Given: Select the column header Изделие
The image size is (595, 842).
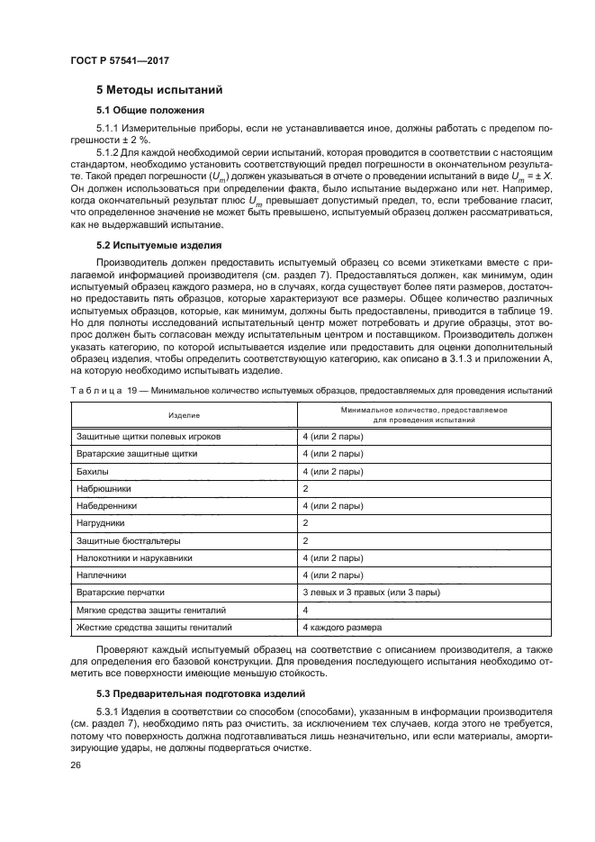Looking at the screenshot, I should [x=183, y=414].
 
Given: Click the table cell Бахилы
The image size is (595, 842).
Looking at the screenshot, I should [x=93, y=470].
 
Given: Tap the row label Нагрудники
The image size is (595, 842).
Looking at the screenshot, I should [x=101, y=522].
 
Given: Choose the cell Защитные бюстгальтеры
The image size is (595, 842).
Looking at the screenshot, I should [x=129, y=540].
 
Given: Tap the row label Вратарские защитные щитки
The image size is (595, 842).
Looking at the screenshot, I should [x=124, y=453].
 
